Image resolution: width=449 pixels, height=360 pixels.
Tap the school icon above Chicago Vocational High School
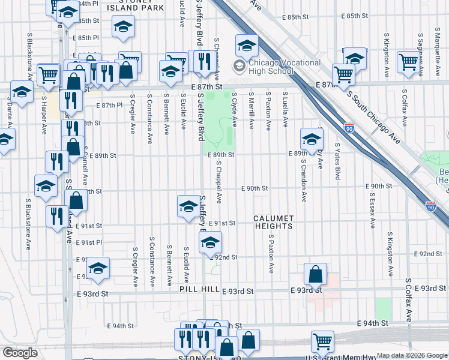246,45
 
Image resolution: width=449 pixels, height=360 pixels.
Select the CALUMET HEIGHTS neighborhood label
273,222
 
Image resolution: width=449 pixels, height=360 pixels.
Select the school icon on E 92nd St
210,243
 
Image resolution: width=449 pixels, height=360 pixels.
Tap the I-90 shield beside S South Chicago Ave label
350,128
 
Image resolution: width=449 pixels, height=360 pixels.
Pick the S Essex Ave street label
373,210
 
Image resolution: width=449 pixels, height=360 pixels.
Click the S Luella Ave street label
286,110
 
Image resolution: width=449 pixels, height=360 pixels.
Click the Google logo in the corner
20,353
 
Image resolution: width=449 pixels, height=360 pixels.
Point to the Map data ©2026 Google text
412,355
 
